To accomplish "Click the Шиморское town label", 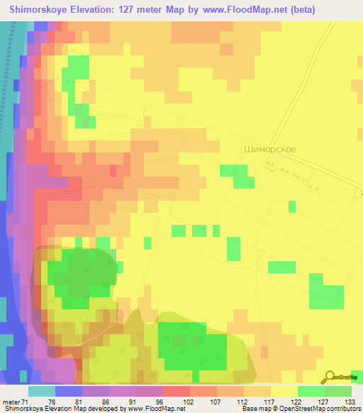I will [x=269, y=150].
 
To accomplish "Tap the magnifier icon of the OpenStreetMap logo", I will [x=329, y=377].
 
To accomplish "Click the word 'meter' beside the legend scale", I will [x=12, y=401].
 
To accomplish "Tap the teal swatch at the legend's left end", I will [x=41, y=391].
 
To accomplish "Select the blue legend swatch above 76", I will [x=68, y=391].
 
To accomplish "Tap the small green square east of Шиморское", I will [x=292, y=206].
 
